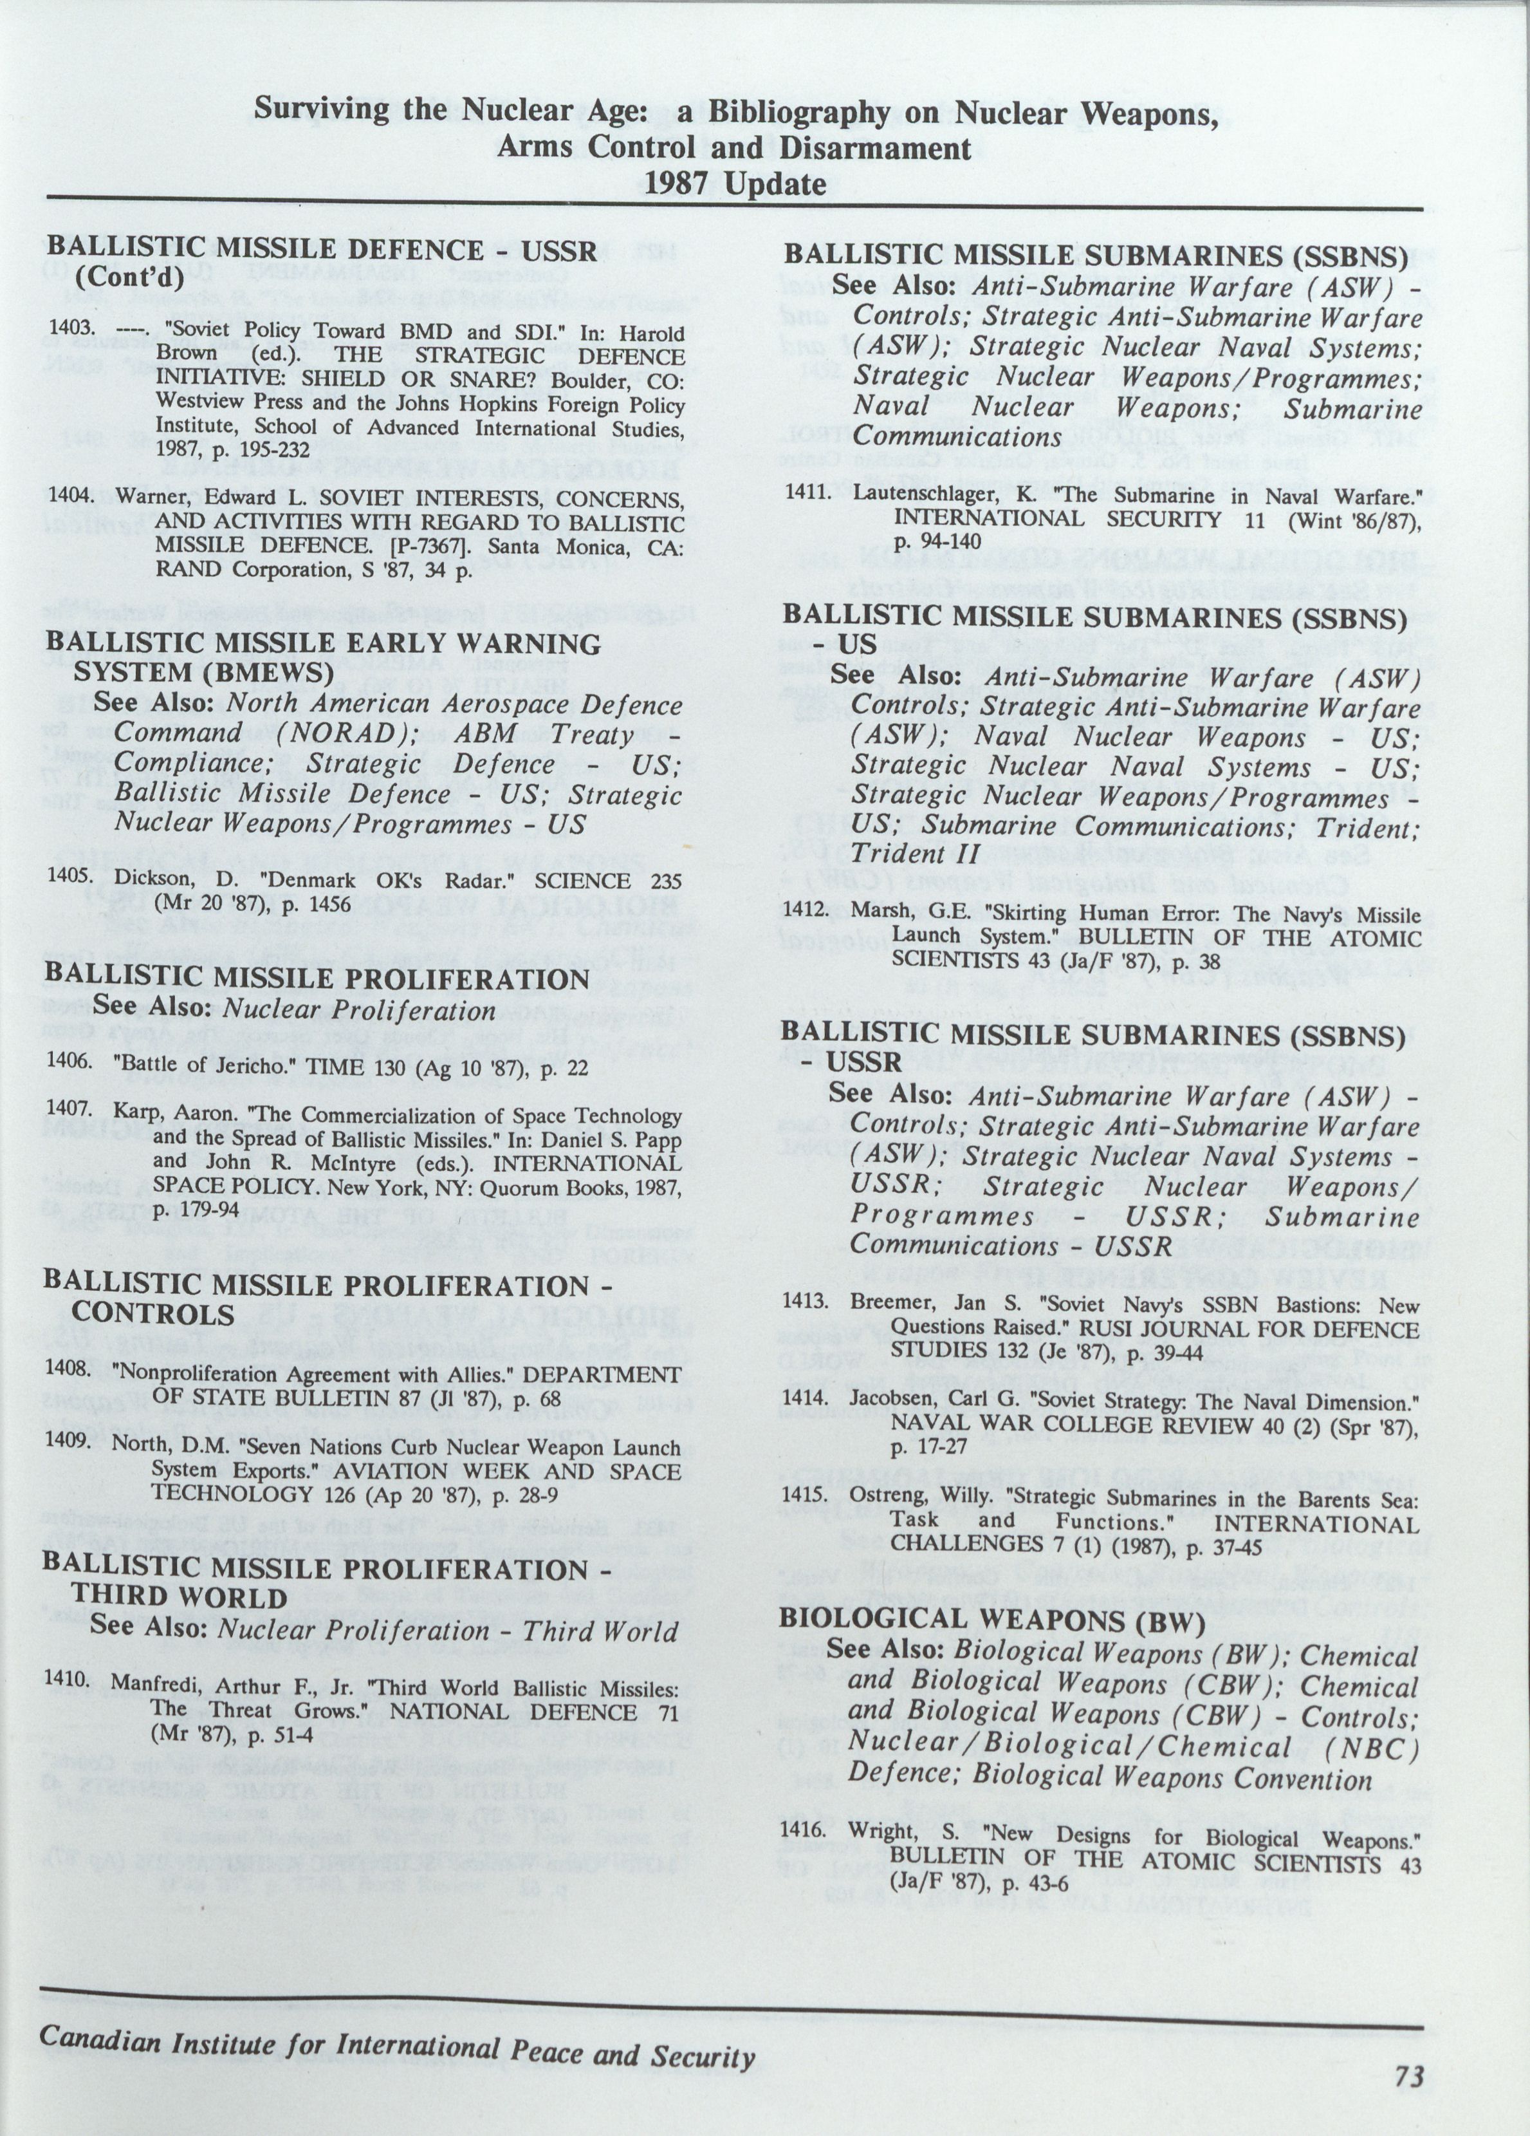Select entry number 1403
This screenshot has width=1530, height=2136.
click(x=71, y=331)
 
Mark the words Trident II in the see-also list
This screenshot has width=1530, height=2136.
click(x=912, y=854)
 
